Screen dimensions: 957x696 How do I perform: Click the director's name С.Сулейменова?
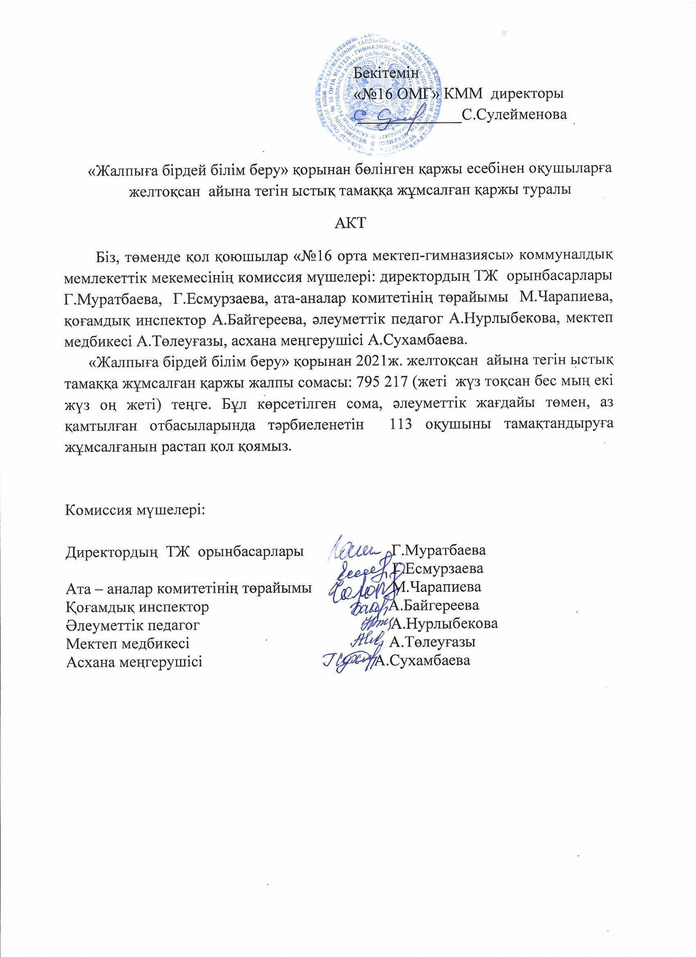coord(514,114)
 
